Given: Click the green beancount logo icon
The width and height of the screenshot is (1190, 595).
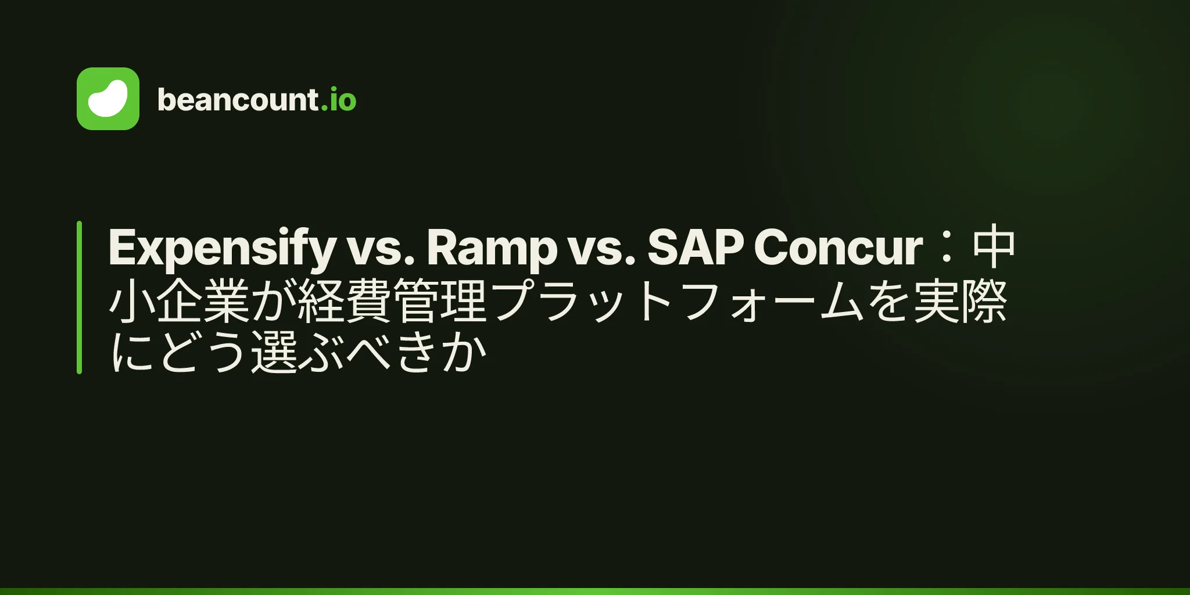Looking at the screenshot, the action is point(108,99).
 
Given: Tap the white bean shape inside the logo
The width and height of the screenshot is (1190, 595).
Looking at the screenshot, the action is point(108,99).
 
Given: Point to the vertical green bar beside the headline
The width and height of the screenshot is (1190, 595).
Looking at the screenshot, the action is point(79,297).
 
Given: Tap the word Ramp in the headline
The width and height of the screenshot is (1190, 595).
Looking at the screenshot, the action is point(492,248).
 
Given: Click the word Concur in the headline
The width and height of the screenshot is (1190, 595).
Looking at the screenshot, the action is point(838,247).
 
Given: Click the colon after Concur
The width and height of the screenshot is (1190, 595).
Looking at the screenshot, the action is point(947,247).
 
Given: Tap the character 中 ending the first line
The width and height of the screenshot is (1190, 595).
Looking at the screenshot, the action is point(994,246).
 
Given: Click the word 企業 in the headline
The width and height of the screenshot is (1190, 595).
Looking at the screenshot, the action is point(203,300).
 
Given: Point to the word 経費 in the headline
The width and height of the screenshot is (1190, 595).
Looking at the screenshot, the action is point(345,300).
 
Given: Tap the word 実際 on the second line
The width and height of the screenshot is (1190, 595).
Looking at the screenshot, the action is point(960,300).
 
